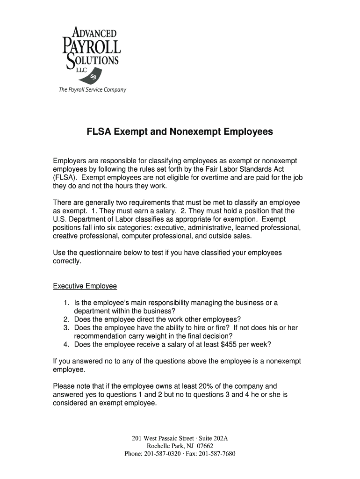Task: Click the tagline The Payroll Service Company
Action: point(92,90)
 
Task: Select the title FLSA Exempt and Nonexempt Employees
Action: point(180,132)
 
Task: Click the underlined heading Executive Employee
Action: point(85,286)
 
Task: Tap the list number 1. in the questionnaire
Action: point(67,303)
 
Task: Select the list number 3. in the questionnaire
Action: point(67,328)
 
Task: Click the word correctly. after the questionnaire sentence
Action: point(67,261)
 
